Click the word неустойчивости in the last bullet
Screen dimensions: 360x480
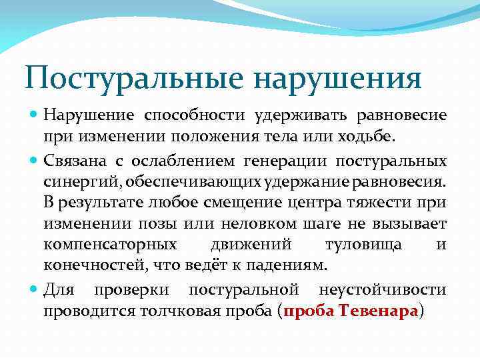click(383, 290)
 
